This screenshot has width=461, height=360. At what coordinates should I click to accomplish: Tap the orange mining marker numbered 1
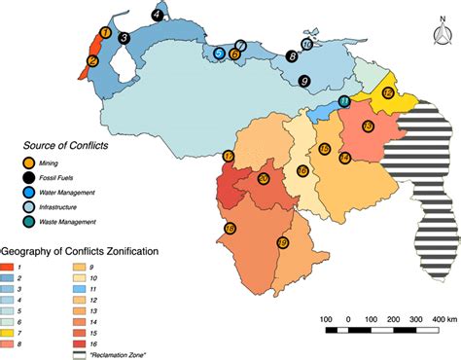point(102,35)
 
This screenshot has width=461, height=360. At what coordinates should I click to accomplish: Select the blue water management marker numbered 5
point(220,54)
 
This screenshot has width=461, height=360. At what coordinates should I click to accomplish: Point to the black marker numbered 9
point(304,81)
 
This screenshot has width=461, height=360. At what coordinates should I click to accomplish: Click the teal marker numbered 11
point(344,101)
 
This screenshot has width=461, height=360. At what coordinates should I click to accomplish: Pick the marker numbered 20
point(264,179)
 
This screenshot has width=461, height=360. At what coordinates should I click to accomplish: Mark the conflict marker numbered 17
point(229,157)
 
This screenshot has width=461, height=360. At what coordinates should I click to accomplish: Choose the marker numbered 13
point(368,126)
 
